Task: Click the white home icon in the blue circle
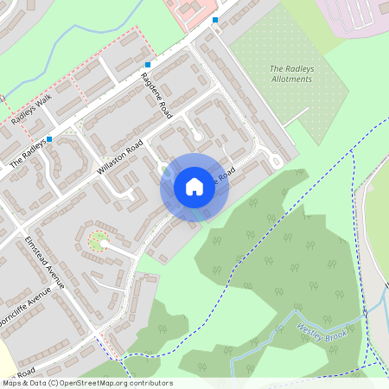coord(194,187)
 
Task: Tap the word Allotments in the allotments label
coord(290,79)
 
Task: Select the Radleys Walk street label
coord(32,109)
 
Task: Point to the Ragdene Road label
coord(156,96)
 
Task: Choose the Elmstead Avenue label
coord(45,262)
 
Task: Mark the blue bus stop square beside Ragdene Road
coord(148,65)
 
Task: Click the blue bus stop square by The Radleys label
coord(49,138)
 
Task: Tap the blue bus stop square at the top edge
coord(214,19)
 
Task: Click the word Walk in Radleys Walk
coord(44,100)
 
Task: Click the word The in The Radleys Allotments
coord(277,68)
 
